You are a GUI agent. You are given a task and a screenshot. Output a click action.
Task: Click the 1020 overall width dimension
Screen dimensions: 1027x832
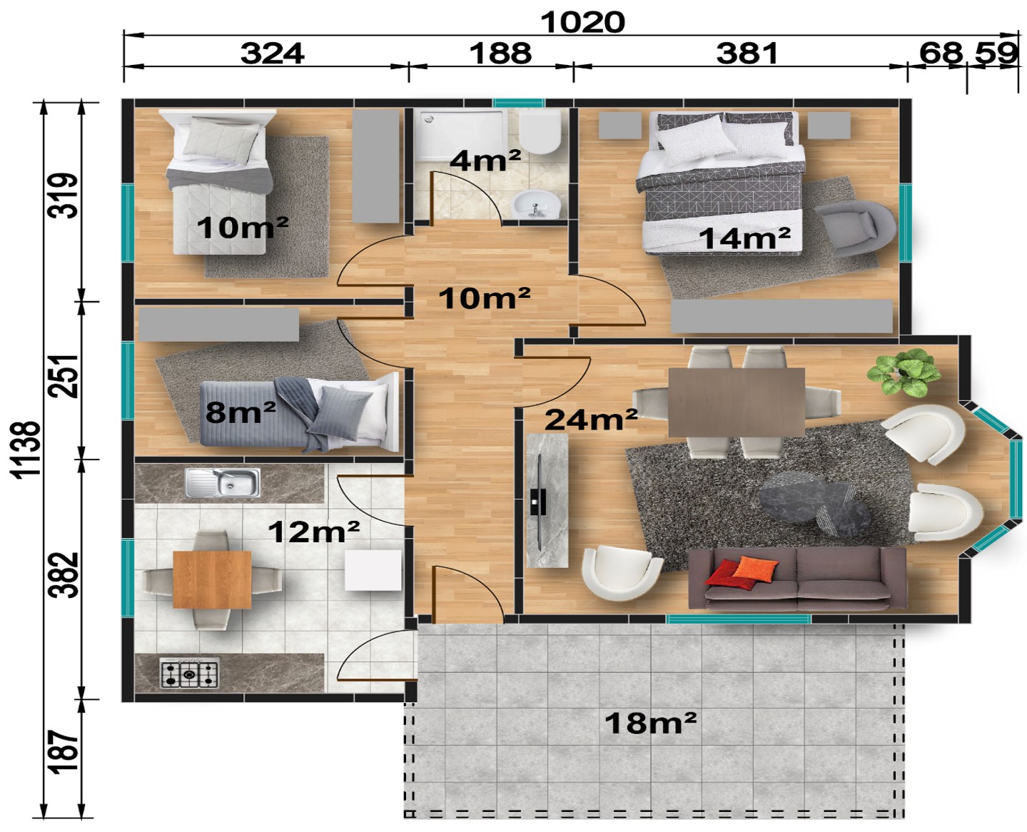(x=582, y=22)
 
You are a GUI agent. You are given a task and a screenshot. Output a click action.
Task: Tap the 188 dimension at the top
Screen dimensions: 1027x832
(x=500, y=53)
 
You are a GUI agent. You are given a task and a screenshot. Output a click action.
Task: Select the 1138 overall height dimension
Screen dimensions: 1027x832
(x=26, y=450)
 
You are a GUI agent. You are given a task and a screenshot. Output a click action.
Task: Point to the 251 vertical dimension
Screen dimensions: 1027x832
(x=64, y=377)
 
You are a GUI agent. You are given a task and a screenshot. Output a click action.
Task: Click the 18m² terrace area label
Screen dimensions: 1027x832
(x=650, y=723)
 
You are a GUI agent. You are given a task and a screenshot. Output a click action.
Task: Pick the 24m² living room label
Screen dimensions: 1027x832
(x=591, y=419)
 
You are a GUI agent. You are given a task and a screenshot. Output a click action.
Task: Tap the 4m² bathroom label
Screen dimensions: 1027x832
(x=485, y=161)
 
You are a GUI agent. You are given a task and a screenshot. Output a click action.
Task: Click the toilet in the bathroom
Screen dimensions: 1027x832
(x=540, y=131)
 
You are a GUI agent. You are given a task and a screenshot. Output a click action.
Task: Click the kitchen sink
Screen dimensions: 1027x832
(x=222, y=482)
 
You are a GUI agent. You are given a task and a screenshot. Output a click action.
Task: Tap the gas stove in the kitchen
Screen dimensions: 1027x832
(x=189, y=674)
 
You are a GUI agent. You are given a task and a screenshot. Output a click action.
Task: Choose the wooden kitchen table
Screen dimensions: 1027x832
(x=212, y=580)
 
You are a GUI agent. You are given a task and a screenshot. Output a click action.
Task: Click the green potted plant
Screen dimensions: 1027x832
(x=904, y=372)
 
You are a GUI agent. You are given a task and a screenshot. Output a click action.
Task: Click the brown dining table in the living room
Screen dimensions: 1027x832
(x=737, y=402)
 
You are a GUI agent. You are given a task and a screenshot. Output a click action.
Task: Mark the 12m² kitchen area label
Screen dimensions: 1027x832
(x=313, y=532)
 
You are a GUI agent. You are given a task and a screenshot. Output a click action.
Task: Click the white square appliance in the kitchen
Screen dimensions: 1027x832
(x=373, y=570)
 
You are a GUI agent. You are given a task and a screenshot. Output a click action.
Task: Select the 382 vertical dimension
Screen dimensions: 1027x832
(x=64, y=574)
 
